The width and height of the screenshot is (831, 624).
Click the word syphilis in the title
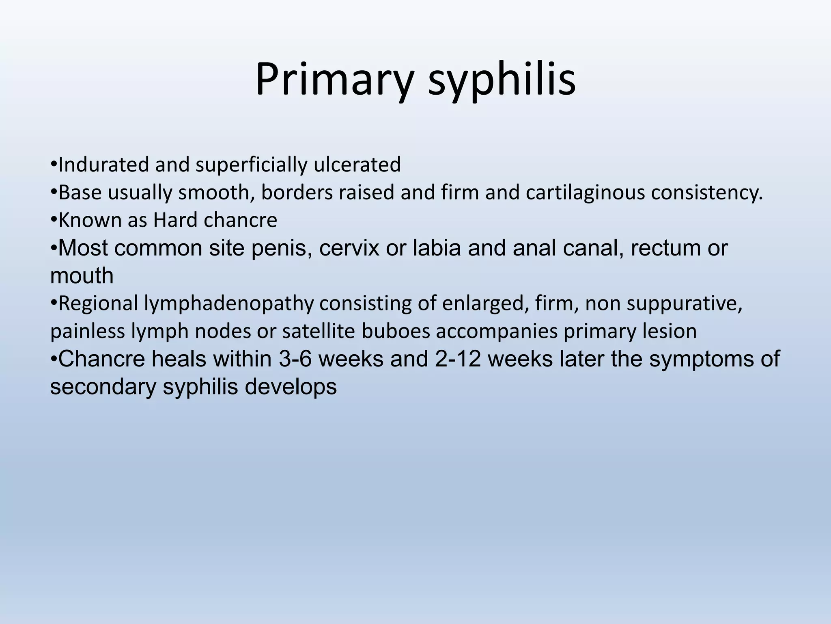click(x=502, y=80)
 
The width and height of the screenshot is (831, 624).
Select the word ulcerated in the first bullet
click(x=357, y=165)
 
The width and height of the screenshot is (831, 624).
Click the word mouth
click(x=82, y=276)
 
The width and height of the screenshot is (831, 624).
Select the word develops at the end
click(x=290, y=387)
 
